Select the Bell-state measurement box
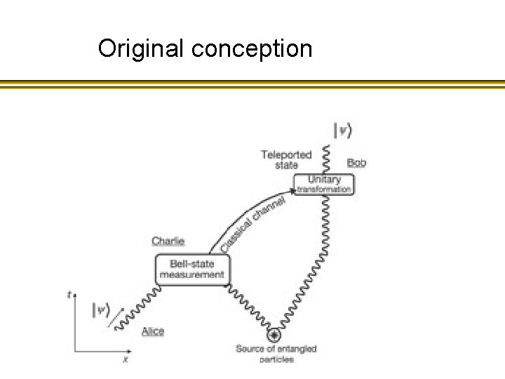(x=192, y=269)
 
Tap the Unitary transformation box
(x=323, y=184)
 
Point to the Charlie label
(x=168, y=241)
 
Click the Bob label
(x=356, y=163)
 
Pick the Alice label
(x=153, y=331)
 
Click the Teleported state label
(x=286, y=159)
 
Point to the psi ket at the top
(x=342, y=130)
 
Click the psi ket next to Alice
(x=102, y=310)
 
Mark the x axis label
(x=125, y=359)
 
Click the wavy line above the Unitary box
(x=325, y=157)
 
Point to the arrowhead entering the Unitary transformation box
(x=295, y=189)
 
